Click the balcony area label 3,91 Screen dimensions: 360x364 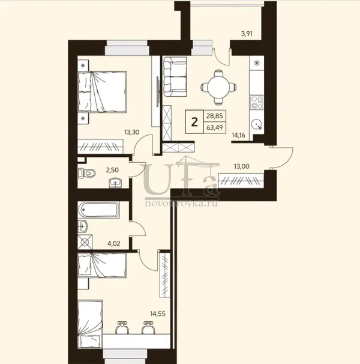coord(247,34)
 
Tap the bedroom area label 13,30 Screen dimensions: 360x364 coord(132,132)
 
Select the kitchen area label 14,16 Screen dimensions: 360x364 coord(238,135)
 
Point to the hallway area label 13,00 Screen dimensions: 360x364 coord(242,166)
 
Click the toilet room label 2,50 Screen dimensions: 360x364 coord(112,170)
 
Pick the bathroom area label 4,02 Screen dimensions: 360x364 coord(113,243)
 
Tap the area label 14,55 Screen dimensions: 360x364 coord(158,314)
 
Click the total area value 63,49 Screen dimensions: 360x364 coord(215,127)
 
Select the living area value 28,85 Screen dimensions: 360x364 coord(215,115)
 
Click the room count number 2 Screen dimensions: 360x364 coord(194,122)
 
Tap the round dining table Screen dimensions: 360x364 coord(218,87)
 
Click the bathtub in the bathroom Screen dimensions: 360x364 coord(98,210)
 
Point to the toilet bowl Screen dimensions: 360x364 coord(87,173)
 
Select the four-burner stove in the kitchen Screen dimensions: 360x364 coord(257,102)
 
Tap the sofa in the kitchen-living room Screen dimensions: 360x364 coord(175,77)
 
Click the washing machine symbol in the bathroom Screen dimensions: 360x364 coord(85,242)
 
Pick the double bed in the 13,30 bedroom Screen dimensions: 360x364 coord(102,92)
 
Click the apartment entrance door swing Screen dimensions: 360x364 coord(282,157)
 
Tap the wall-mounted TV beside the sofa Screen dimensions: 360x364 coord(158,92)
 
